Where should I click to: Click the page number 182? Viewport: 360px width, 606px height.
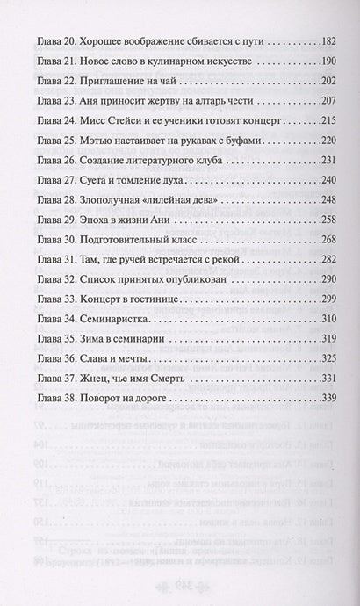[x=314, y=41]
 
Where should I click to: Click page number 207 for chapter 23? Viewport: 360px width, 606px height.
[x=314, y=101]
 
